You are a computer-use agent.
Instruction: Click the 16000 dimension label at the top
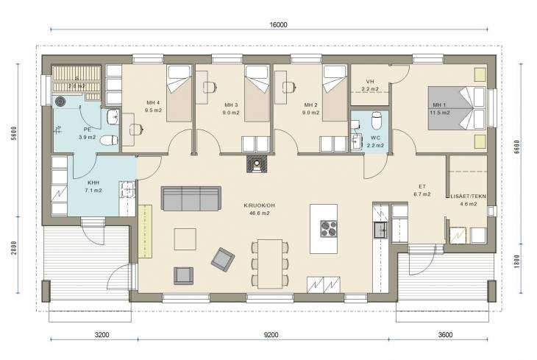[x=278, y=25]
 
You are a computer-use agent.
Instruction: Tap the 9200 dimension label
[x=271, y=335]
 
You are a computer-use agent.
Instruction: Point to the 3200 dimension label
[x=102, y=335]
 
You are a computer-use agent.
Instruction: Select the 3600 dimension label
[x=445, y=335]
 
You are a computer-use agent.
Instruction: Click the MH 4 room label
[x=153, y=102]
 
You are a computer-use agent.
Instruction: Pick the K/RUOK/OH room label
[x=259, y=205]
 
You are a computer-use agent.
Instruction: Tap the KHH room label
[x=93, y=183]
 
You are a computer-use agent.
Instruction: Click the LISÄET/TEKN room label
[x=468, y=196]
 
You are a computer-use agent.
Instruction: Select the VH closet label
[x=370, y=82]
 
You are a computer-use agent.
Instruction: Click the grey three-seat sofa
[x=191, y=199]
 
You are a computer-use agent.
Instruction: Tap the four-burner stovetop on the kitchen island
[x=329, y=229]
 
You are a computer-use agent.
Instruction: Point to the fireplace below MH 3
[x=255, y=163]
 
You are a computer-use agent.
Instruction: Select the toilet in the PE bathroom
[x=110, y=140]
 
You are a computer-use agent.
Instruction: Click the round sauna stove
[x=60, y=102]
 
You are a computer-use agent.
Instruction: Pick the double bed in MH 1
[x=457, y=108]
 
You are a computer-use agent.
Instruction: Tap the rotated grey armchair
[x=223, y=260]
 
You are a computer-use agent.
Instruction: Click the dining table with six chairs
[x=270, y=264]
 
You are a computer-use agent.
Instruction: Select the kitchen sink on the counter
[x=380, y=230]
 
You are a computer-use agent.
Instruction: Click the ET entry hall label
[x=422, y=186]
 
